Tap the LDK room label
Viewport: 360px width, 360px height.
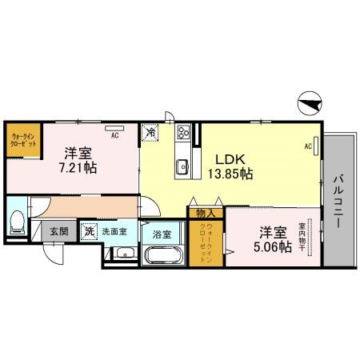223,158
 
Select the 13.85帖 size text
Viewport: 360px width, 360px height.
230,172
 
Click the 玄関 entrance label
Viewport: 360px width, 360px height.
59,231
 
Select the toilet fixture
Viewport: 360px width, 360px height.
18,222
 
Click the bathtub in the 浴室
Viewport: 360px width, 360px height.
165,256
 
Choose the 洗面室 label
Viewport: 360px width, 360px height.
114,231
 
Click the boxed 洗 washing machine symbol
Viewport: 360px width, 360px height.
90,231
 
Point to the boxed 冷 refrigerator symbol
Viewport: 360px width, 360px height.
150,132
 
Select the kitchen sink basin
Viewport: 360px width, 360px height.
182,166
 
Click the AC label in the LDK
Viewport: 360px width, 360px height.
308,146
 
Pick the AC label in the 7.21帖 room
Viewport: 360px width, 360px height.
114,136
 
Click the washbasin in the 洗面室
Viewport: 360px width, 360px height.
122,254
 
